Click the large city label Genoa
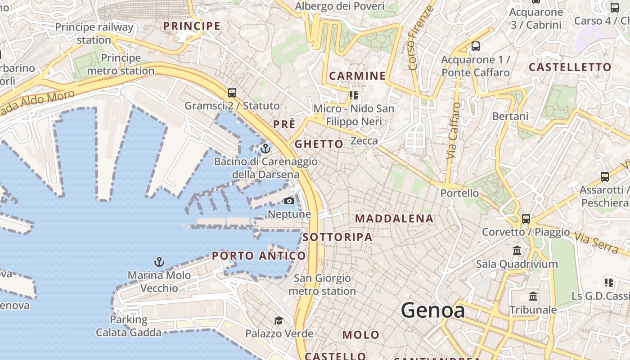(x=432, y=310)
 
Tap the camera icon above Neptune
(x=289, y=201)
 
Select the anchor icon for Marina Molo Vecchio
(x=159, y=262)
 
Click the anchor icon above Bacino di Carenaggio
(x=265, y=148)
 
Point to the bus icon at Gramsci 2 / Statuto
(x=232, y=93)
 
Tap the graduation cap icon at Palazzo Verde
(x=279, y=320)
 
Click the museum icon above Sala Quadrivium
(x=517, y=250)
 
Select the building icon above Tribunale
(x=533, y=297)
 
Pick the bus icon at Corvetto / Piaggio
(x=526, y=219)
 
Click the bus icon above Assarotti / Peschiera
(x=605, y=176)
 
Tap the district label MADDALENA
(x=394, y=219)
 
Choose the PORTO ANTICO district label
(x=259, y=256)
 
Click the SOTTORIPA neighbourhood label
(x=337, y=237)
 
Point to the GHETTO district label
(x=319, y=144)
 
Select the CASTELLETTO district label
(x=570, y=67)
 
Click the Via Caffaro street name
(x=454, y=130)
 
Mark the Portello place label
(x=459, y=193)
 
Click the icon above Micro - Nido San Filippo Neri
(x=354, y=95)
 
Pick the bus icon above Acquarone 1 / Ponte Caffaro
(x=476, y=46)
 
